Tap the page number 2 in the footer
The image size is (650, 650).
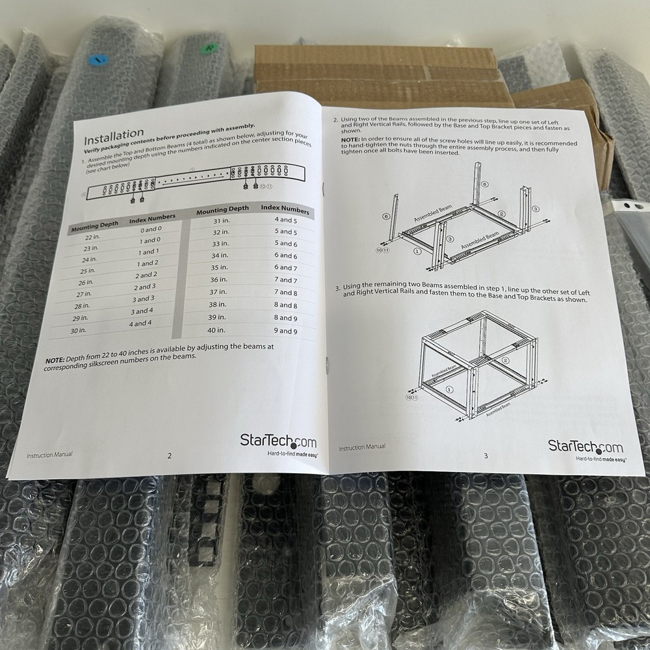pos(170,456)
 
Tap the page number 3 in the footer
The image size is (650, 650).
pos(486,455)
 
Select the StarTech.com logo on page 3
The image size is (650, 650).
pos(585,447)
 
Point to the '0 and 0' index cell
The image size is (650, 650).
pos(150,230)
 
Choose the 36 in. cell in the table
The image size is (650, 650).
pos(220,279)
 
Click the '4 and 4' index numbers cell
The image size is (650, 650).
pos(140,323)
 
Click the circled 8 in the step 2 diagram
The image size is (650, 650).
pos(484,185)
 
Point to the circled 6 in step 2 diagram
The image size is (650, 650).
pos(386,216)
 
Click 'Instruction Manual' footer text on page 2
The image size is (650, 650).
pos(49,455)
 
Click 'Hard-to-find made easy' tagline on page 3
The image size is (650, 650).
pos(601,459)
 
